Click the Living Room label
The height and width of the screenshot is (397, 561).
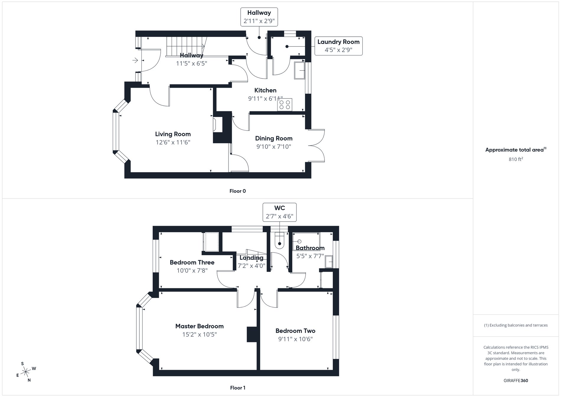pos(173,134)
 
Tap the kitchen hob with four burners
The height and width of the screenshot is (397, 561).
pos(284,105)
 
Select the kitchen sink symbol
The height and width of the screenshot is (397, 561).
pos(299,70)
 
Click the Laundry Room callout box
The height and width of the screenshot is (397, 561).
pos(338,46)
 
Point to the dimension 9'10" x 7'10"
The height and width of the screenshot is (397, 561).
pos(273,147)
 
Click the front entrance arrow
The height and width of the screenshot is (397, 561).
pos(135,61)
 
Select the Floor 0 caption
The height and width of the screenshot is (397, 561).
pos(237,191)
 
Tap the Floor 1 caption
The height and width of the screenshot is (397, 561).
pos(237,388)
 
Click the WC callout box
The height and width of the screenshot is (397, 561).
pos(279,212)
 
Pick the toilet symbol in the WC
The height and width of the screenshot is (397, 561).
pos(279,240)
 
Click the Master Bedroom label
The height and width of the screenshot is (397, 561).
pos(199,326)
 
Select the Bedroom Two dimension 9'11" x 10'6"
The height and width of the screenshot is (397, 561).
pos(295,339)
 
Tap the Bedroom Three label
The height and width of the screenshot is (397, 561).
pos(192,262)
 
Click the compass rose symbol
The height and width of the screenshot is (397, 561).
pos(26,372)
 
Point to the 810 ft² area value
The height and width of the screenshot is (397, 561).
pos(516,159)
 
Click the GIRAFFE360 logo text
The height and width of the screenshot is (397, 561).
pos(516,380)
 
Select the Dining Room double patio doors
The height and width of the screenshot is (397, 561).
pos(317,145)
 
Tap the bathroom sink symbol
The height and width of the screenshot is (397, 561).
pos(329,262)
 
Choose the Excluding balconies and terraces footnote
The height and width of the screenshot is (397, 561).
pos(516,325)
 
